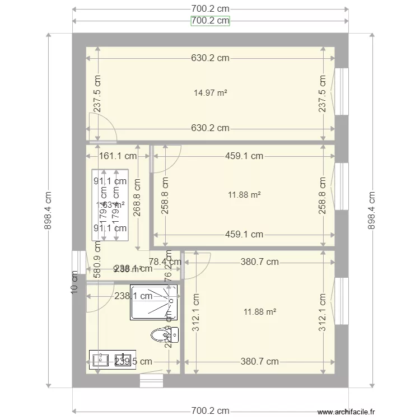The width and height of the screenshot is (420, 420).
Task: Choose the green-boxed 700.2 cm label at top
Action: (x=210, y=21)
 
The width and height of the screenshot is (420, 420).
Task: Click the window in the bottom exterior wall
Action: (x=151, y=380)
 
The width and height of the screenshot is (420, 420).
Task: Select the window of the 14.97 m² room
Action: (x=340, y=91)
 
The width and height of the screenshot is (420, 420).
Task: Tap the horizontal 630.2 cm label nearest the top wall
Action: (x=210, y=58)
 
